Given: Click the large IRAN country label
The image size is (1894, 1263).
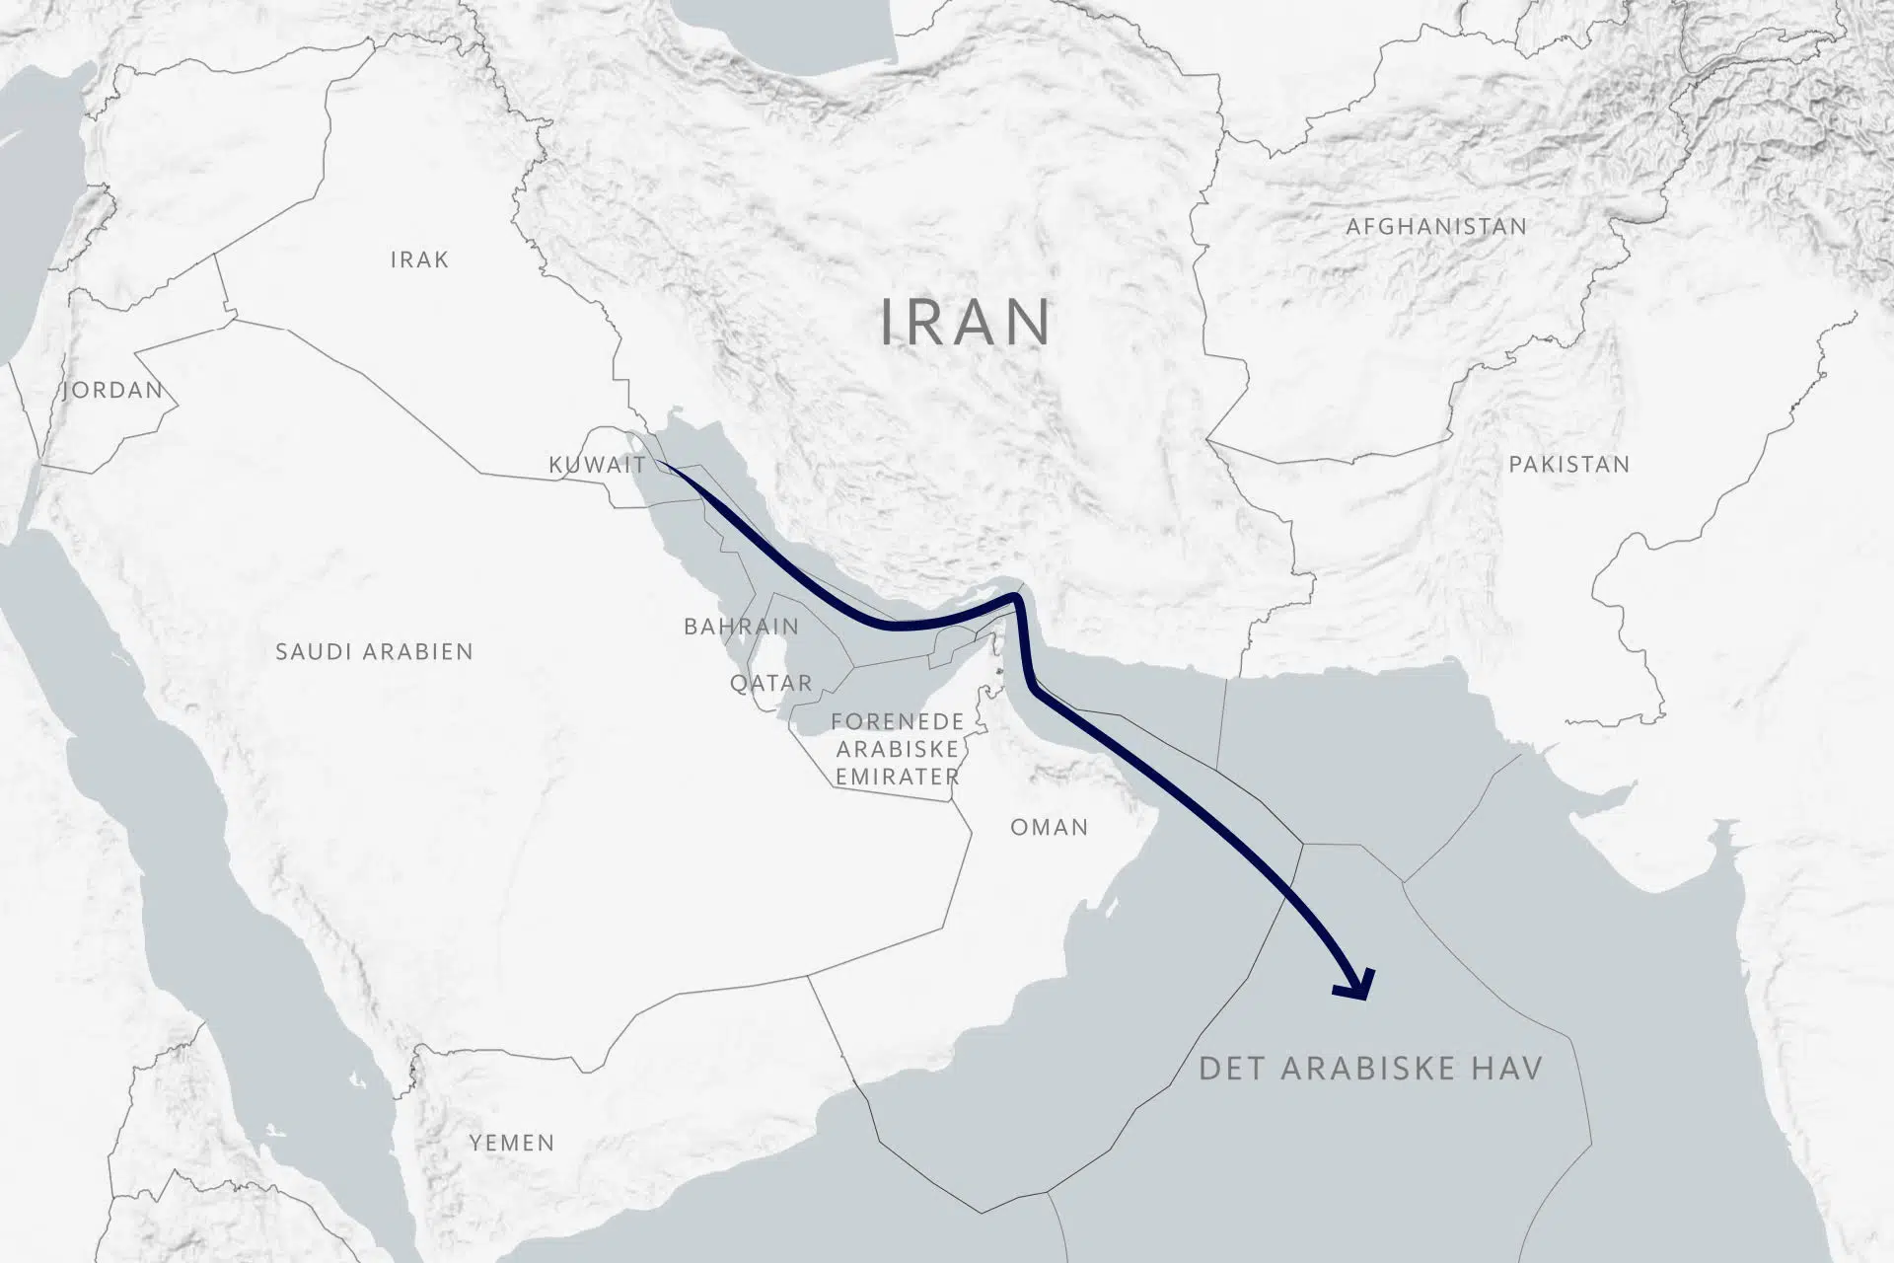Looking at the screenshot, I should click(965, 322).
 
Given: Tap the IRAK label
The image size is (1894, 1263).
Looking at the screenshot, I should click(419, 260).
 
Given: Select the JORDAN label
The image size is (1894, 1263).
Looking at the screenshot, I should click(112, 390).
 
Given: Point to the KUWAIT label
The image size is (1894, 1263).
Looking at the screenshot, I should click(597, 465).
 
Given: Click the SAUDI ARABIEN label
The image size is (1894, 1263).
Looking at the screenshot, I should click(374, 651).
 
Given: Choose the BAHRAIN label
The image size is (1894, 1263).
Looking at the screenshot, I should click(741, 627).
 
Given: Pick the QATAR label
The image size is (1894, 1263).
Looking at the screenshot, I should click(770, 683).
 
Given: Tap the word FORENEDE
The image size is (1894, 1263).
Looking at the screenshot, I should click(897, 722).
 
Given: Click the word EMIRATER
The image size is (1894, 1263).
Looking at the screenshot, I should click(897, 777).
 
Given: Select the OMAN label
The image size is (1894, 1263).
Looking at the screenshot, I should click(1049, 827).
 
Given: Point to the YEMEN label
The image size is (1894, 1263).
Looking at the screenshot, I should click(511, 1143).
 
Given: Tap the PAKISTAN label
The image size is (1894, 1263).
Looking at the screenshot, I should click(1568, 464).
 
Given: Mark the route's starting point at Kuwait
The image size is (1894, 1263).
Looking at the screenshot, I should click(659, 462).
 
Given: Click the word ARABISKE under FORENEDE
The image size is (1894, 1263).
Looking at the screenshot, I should click(897, 749).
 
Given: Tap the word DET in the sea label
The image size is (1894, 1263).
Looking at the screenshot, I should click(1231, 1068).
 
